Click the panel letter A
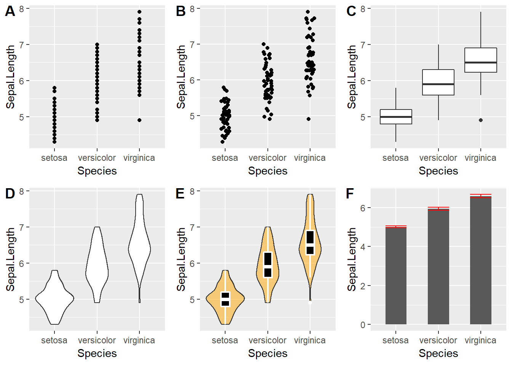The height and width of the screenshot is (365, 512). click(x=10, y=11)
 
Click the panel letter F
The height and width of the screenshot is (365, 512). click(x=350, y=194)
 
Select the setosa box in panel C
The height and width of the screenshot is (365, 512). click(x=396, y=117)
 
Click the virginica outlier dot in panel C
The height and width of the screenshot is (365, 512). click(x=481, y=120)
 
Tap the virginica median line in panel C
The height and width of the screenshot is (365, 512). click(x=481, y=62)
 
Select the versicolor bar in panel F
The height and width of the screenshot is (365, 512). click(x=438, y=267)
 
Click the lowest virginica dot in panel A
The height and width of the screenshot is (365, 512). click(x=139, y=120)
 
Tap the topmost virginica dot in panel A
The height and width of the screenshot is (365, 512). click(x=139, y=12)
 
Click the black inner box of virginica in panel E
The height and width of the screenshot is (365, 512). click(x=310, y=242)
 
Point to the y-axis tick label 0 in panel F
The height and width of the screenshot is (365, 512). click(x=363, y=325)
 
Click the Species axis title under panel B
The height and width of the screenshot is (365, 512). click(x=267, y=171)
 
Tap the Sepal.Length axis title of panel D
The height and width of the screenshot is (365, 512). click(x=10, y=259)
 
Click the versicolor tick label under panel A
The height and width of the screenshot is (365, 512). click(x=97, y=158)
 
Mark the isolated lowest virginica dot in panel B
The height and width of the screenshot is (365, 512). click(x=309, y=119)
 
